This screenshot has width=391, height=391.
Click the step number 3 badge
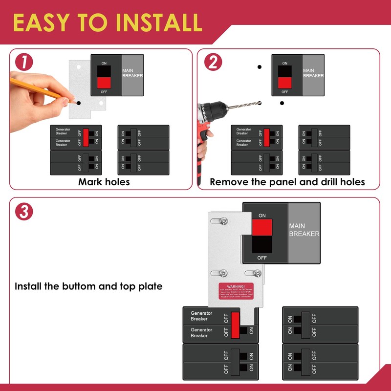point(24,211)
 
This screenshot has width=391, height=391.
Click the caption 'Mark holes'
point(104,182)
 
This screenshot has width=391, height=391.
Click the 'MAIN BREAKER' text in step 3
point(304,230)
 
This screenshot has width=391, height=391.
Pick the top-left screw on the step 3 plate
point(224,221)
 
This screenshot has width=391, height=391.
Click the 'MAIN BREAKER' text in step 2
point(313,73)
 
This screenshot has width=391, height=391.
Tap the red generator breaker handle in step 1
point(86,137)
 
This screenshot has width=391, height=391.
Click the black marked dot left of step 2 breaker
point(260,67)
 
